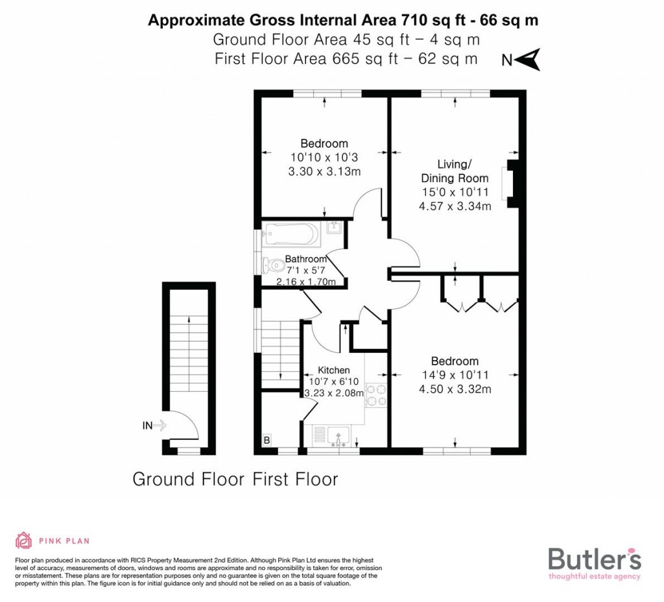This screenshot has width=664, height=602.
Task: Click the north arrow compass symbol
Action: tap(531, 60)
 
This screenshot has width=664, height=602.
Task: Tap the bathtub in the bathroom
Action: tap(290, 234)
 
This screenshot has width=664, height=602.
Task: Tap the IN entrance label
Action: tap(148, 426)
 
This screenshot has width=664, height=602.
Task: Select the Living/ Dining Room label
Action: tap(453, 171)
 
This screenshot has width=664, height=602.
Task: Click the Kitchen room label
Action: tap(333, 370)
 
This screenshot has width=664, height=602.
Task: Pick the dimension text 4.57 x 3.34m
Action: tap(455, 206)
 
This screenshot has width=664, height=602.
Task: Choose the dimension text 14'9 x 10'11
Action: tap(455, 375)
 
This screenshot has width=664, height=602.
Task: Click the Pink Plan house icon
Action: tap(23, 540)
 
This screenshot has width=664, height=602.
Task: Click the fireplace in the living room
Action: tap(510, 184)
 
